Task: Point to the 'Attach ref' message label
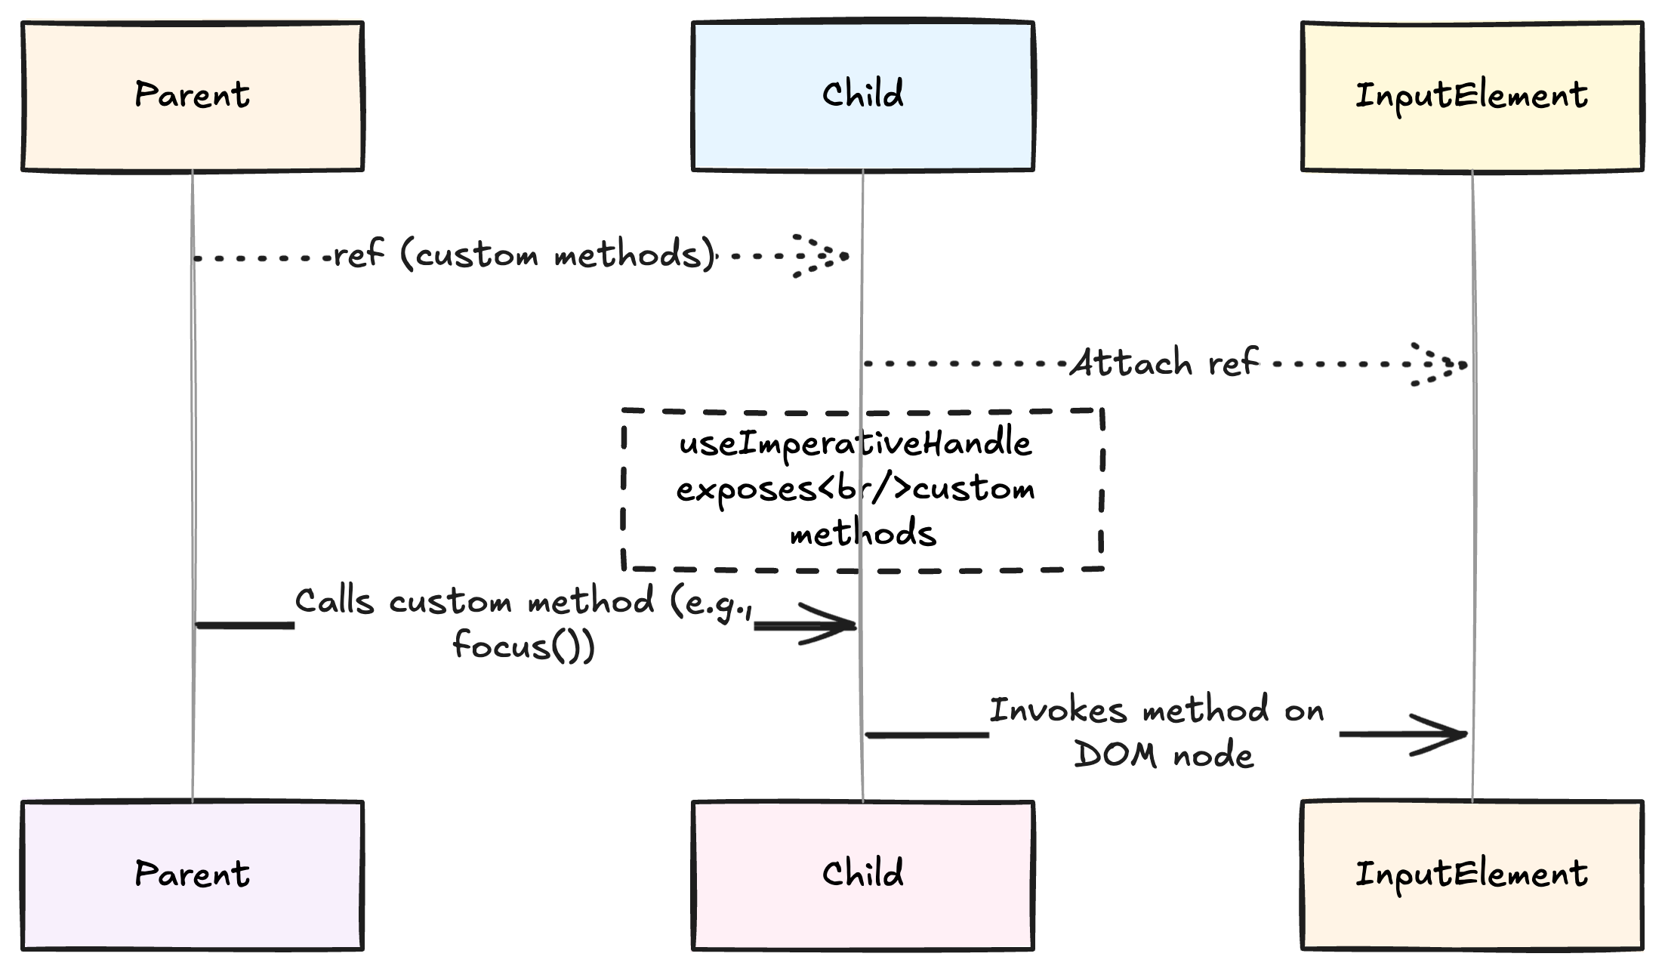click(1164, 363)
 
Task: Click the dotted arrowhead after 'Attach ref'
click(1439, 365)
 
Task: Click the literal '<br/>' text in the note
click(865, 489)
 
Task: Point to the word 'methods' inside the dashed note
click(863, 533)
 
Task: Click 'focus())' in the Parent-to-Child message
click(523, 646)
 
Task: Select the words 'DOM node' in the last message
click(1164, 755)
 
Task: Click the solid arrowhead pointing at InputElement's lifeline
click(1435, 734)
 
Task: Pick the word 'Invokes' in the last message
click(1058, 711)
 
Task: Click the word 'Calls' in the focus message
click(335, 602)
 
